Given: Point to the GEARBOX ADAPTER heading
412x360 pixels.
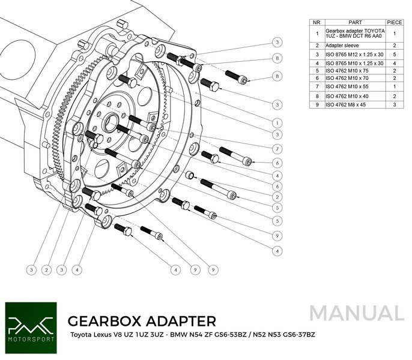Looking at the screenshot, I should pyautogui.click(x=142, y=320).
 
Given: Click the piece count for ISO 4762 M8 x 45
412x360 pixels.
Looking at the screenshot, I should pyautogui.click(x=394, y=104).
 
